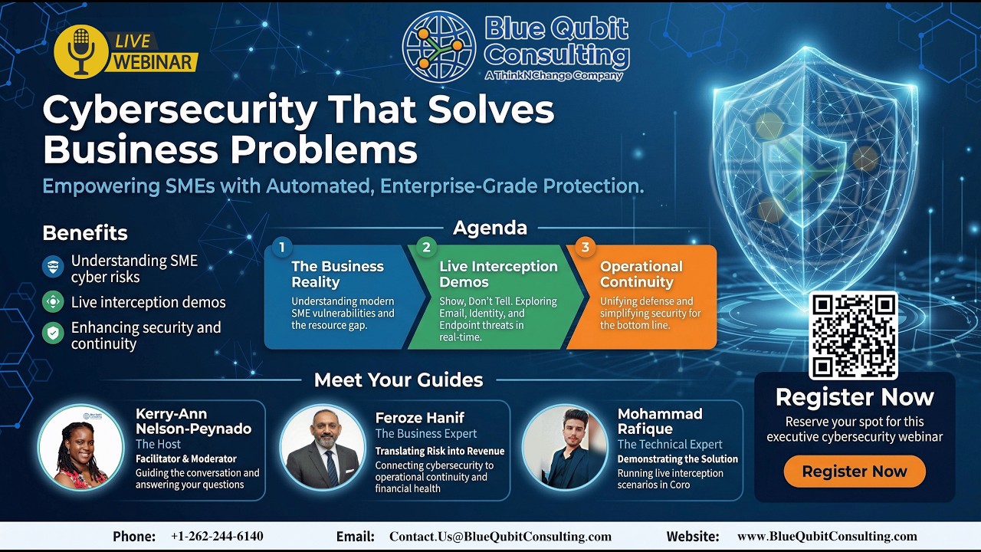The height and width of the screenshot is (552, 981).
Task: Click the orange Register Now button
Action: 855,472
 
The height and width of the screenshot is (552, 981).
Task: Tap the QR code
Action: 854,336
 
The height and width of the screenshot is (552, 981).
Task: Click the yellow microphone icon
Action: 80,51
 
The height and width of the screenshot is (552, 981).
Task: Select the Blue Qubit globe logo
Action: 439,47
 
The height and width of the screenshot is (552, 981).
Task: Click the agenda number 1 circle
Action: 282,247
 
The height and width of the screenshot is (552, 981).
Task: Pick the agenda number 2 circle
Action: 426,247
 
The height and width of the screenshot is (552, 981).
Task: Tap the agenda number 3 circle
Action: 586,247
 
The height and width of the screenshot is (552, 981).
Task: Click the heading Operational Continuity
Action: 641,274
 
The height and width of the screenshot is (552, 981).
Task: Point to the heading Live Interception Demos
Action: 498,274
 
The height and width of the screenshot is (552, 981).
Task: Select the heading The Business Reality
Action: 337,274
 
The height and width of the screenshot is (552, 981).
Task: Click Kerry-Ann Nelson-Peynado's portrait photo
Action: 80,447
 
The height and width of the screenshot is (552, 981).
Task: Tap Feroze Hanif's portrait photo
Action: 323,447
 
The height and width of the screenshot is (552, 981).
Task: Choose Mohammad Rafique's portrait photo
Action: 565,447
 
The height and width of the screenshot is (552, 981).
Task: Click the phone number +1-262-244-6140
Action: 217,537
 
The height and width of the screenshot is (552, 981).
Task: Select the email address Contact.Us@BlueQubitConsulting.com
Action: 500,537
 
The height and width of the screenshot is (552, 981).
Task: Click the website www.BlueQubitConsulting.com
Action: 827,537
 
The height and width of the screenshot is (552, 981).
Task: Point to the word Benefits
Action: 85,233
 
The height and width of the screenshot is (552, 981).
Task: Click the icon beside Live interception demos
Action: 53,302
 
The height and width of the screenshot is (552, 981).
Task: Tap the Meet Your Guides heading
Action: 399,379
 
